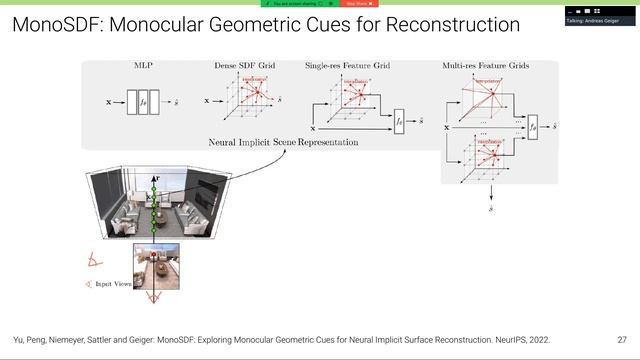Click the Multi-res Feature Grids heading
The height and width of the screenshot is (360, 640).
pyautogui.click(x=485, y=67)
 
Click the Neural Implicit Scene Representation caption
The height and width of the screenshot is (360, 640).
pyautogui.click(x=283, y=143)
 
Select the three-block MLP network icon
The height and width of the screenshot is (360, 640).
pyautogui.click(x=141, y=101)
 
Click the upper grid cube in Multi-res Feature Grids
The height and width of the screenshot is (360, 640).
pyautogui.click(x=482, y=100)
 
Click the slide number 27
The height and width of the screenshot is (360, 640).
pyautogui.click(x=622, y=339)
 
